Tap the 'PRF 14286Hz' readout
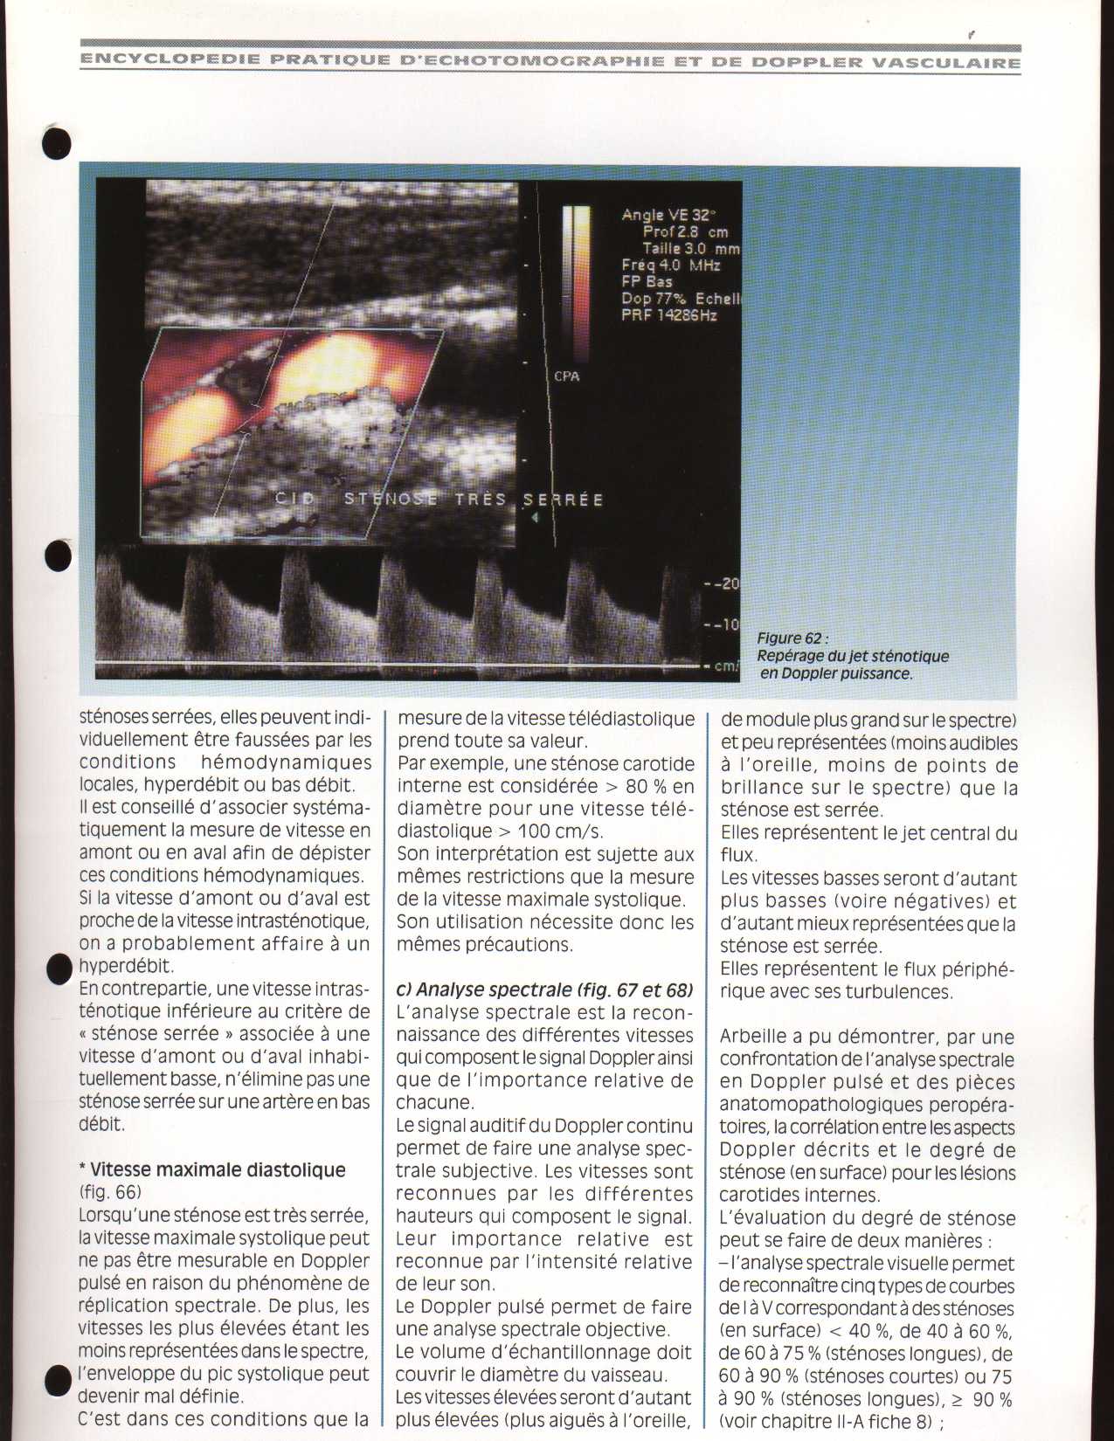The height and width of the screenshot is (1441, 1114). point(668,315)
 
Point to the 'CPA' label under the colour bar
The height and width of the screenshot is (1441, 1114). point(566,376)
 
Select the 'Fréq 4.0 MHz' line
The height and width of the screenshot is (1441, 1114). point(670,265)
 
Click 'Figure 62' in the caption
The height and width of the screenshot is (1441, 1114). point(792,638)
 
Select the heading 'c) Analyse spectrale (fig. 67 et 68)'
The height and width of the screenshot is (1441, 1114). point(544,989)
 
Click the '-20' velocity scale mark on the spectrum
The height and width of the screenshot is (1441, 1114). point(724,584)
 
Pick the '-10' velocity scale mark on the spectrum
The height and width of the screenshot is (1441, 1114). point(724,625)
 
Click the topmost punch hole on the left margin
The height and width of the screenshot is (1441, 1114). point(57,142)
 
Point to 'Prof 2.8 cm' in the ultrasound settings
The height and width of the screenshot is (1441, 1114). point(685,231)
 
